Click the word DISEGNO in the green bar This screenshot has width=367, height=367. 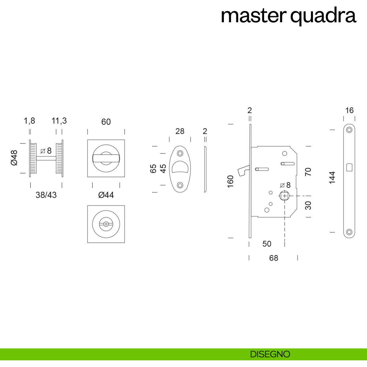(270, 354)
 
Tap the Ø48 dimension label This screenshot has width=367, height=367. (14, 158)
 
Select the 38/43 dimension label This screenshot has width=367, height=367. (46, 195)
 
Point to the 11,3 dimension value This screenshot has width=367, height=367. (59, 121)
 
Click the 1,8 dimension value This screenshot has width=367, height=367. (29, 121)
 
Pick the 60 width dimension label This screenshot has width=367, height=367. (106, 122)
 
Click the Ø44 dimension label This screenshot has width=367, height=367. (106, 195)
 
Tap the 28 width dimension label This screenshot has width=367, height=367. (180, 131)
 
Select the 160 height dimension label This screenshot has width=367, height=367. (231, 181)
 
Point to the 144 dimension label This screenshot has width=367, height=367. (332, 177)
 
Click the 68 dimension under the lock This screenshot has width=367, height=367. (273, 258)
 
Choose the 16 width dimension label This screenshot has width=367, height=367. (349, 110)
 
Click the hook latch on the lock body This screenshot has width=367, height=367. (243, 170)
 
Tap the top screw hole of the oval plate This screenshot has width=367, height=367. (180, 153)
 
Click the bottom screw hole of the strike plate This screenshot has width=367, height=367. (349, 232)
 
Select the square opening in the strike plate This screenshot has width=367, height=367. (349, 167)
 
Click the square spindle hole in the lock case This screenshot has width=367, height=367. (284, 196)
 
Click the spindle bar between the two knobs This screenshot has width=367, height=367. (46, 158)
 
